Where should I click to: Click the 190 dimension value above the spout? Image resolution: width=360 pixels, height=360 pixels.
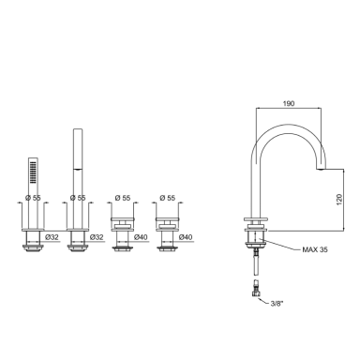click(289, 103)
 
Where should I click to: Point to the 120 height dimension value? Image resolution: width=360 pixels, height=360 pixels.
click(339, 200)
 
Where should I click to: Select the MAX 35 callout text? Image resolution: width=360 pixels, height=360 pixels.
click(315, 249)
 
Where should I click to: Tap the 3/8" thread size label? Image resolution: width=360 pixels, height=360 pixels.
click(277, 303)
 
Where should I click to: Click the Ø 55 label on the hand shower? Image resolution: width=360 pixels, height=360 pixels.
click(33, 198)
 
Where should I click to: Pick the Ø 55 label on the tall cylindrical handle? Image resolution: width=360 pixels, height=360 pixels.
click(78, 198)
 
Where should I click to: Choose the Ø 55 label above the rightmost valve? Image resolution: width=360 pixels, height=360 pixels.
click(167, 198)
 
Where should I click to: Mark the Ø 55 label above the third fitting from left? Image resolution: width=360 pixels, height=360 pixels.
click(123, 198)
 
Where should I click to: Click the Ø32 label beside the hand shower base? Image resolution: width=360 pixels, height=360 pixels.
click(52, 237)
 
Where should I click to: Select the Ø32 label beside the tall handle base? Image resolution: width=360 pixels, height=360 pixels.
click(97, 237)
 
